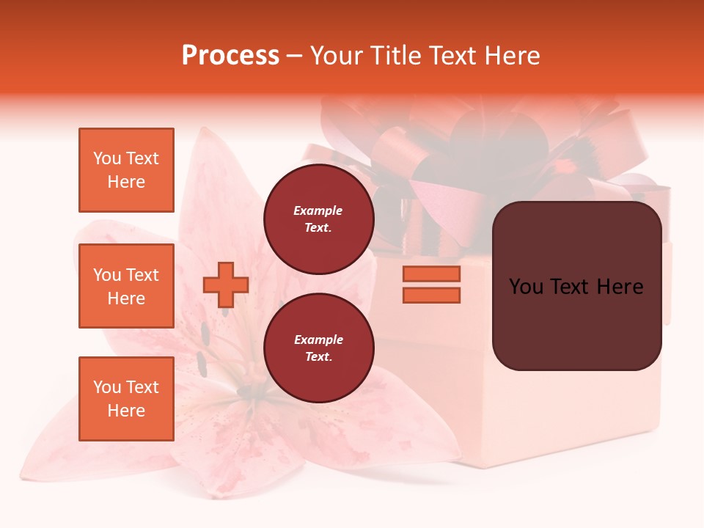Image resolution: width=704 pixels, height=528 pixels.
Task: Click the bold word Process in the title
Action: tap(230, 56)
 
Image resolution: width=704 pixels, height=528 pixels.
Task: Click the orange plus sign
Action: tap(226, 285)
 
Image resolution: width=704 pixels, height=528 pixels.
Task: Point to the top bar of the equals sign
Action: tap(431, 274)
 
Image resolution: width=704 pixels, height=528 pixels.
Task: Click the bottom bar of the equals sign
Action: tap(431, 295)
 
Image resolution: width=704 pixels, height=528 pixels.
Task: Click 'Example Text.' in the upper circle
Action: tap(318, 219)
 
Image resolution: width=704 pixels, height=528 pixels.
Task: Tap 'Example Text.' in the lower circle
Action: tap(318, 348)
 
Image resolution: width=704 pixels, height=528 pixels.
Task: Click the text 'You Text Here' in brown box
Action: tap(576, 287)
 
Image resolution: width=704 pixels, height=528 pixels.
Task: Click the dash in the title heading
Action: tap(295, 56)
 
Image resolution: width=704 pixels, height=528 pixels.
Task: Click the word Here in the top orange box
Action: tap(126, 182)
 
